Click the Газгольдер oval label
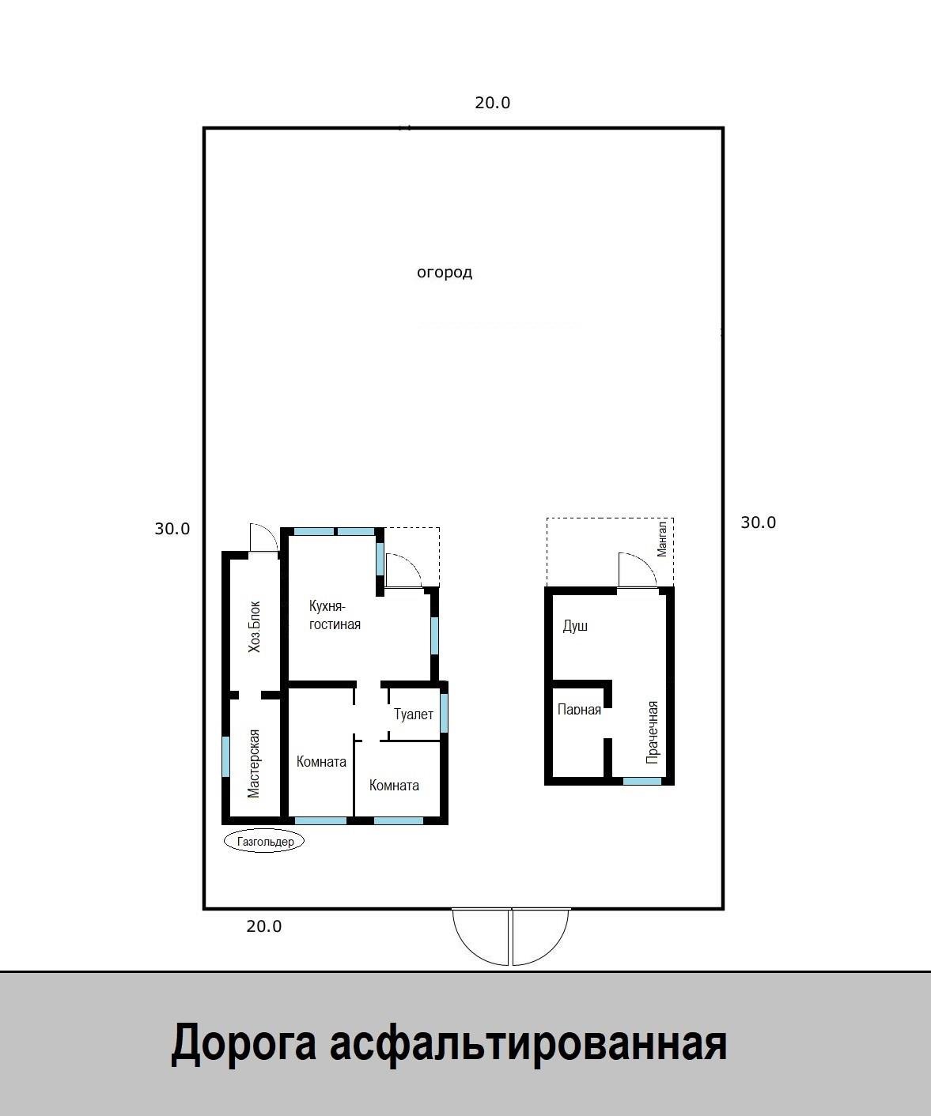coord(263,841)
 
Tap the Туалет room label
coord(414,714)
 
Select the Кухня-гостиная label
coord(335,615)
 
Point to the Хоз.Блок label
coord(254,627)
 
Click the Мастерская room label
coord(254,763)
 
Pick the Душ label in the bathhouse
coord(575,626)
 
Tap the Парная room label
coord(580,710)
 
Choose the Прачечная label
coord(653,732)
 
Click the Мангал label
coord(662,537)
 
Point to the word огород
coord(445,273)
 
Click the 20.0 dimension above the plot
coord(492,103)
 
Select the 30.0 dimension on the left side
coord(172,529)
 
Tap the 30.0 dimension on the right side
coord(759,522)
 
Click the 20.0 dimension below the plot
coord(263,926)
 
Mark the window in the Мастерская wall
coord(225,756)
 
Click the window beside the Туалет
coord(444,712)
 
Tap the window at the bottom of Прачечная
coord(642,781)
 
